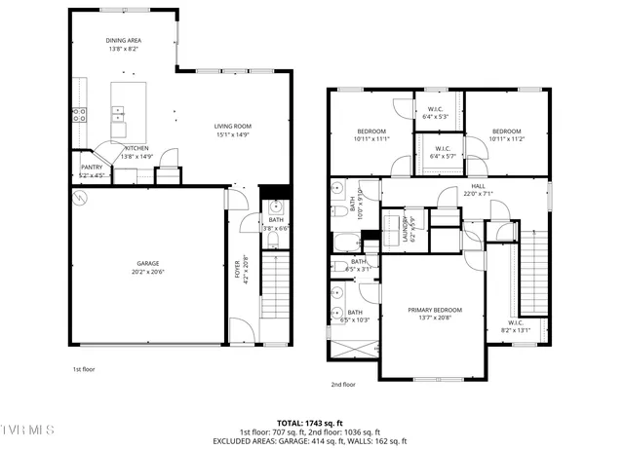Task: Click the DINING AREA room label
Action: point(124,40)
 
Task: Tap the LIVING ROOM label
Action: point(233,126)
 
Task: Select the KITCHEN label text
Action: point(136,148)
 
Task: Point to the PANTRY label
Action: point(92,168)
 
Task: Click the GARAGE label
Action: point(147,263)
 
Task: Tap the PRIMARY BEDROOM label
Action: point(435,310)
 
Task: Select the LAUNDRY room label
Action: point(397,232)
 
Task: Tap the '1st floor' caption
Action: point(84,370)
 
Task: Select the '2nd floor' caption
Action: point(343,384)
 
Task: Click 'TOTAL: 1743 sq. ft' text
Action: point(311,423)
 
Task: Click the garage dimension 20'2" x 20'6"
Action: point(147,272)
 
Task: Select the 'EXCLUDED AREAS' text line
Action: point(311,440)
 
